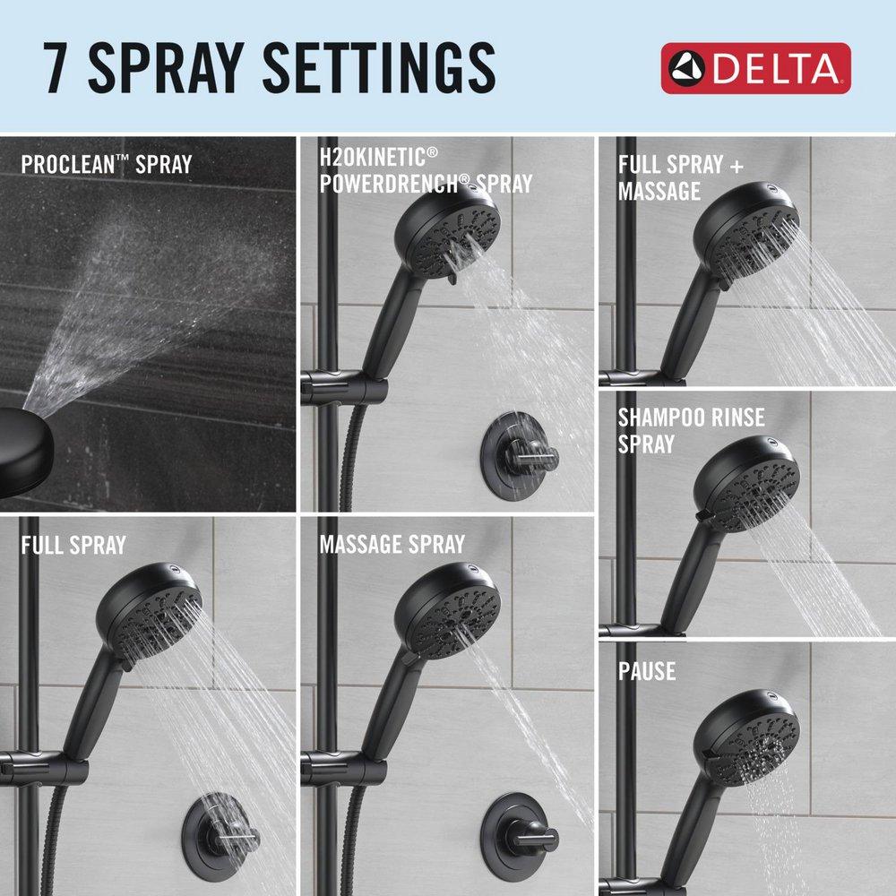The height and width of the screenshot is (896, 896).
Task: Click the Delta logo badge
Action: tap(755, 68)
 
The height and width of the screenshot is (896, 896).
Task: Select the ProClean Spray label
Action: tap(106, 165)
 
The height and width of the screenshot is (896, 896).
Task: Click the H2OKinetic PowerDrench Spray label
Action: tap(426, 171)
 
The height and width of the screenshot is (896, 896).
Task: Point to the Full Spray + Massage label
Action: tap(670, 177)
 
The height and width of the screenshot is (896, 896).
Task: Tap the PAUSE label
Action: tap(647, 671)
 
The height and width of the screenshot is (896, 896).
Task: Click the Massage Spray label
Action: tap(392, 544)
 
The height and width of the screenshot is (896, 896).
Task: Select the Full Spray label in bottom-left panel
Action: tap(73, 545)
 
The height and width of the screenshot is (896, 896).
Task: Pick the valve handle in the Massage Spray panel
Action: tap(520, 836)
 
